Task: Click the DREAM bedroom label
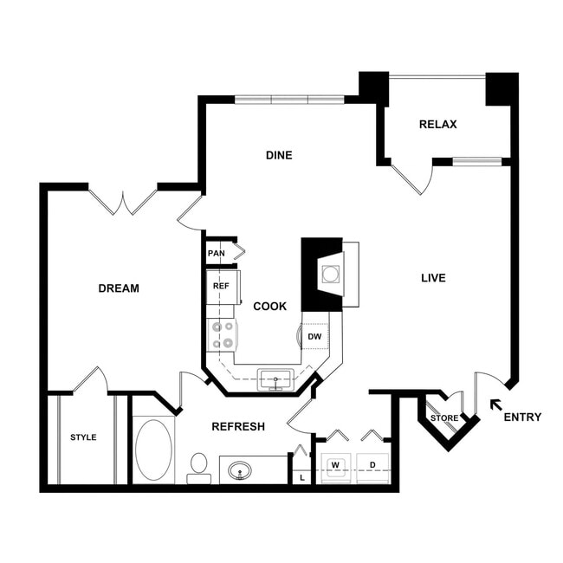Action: [119, 288]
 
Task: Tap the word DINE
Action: [279, 156]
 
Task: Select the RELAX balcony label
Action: [437, 125]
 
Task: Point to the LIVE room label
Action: [433, 278]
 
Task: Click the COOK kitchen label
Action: [270, 307]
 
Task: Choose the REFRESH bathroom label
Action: [238, 427]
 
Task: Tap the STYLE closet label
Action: [83, 437]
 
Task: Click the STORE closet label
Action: [444, 419]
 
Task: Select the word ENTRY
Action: [522, 417]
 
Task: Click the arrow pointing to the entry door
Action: [495, 404]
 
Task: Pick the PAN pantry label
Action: [216, 254]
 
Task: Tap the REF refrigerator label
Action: [220, 285]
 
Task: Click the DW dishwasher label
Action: [314, 336]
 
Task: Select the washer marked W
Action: [334, 466]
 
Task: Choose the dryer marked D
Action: [372, 466]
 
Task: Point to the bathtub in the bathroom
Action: [154, 450]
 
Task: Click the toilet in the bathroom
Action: [199, 467]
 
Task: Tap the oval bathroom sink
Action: [240, 471]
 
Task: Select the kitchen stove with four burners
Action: [222, 334]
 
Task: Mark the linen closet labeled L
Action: [301, 477]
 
